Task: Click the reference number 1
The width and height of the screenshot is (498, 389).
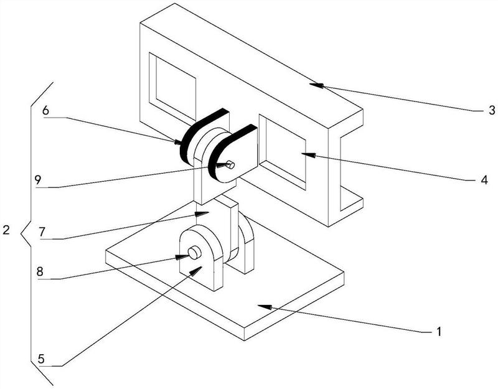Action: click(x=439, y=332)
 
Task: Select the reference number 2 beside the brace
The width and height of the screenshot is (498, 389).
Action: click(x=6, y=230)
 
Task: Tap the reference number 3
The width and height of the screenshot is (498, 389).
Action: click(x=492, y=110)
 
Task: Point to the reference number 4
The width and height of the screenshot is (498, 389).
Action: click(x=484, y=180)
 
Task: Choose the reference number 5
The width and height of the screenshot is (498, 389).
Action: click(x=41, y=359)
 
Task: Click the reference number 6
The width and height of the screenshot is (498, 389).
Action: click(x=45, y=111)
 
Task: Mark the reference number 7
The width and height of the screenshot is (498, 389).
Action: click(x=42, y=232)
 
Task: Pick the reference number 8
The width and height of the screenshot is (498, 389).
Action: click(x=40, y=272)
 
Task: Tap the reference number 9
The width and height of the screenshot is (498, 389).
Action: click(x=38, y=180)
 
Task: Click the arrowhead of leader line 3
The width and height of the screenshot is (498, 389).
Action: click(x=316, y=85)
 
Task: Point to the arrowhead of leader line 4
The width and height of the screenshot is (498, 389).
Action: click(x=309, y=155)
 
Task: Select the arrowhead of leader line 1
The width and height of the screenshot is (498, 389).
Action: click(x=265, y=307)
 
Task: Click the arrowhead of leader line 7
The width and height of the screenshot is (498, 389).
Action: click(x=202, y=213)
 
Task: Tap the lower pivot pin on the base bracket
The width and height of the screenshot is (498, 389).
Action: click(x=195, y=253)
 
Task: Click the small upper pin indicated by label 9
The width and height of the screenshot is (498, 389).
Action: click(x=230, y=165)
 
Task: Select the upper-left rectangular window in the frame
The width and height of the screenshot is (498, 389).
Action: click(x=172, y=87)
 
